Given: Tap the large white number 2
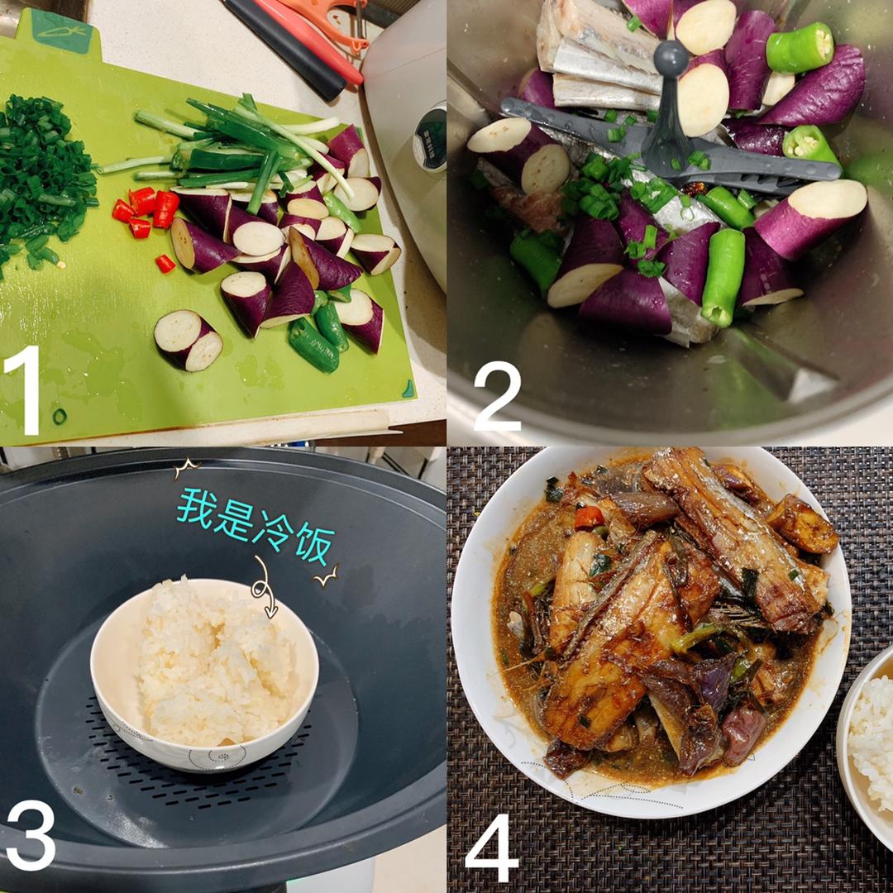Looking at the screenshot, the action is point(497,396).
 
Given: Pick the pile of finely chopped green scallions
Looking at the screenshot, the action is point(43,182).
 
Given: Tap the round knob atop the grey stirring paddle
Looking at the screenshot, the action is point(671,58).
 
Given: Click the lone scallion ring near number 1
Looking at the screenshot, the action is point(60,416).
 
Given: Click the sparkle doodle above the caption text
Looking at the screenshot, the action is point(186,468).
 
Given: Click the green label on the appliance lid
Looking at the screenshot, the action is point(431,140).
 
